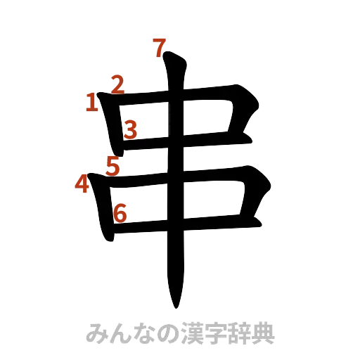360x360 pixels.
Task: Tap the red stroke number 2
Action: (x=117, y=85)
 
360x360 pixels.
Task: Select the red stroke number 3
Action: (x=131, y=128)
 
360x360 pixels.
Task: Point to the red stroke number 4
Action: (x=82, y=184)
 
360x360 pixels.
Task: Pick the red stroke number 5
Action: (x=113, y=166)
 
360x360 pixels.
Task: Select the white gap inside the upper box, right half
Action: (x=208, y=120)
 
